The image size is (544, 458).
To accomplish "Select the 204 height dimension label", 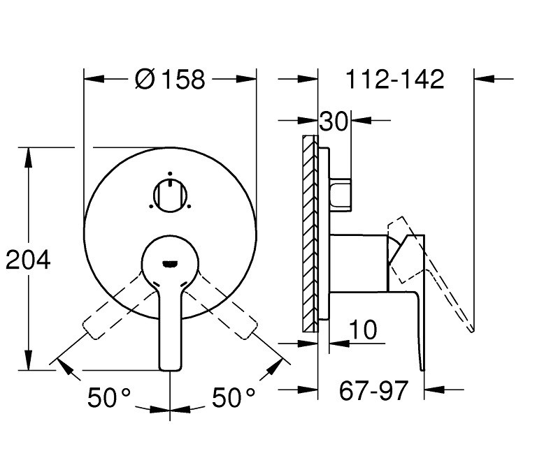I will pos(28,260).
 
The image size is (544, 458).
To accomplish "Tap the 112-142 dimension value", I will pos(395,80).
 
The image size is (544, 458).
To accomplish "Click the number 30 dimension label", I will pos(334,121).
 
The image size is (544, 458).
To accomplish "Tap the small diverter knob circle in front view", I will pos(170,195).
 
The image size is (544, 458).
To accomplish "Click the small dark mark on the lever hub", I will pos(170,263).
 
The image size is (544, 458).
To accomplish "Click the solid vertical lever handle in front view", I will pos(170,328).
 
